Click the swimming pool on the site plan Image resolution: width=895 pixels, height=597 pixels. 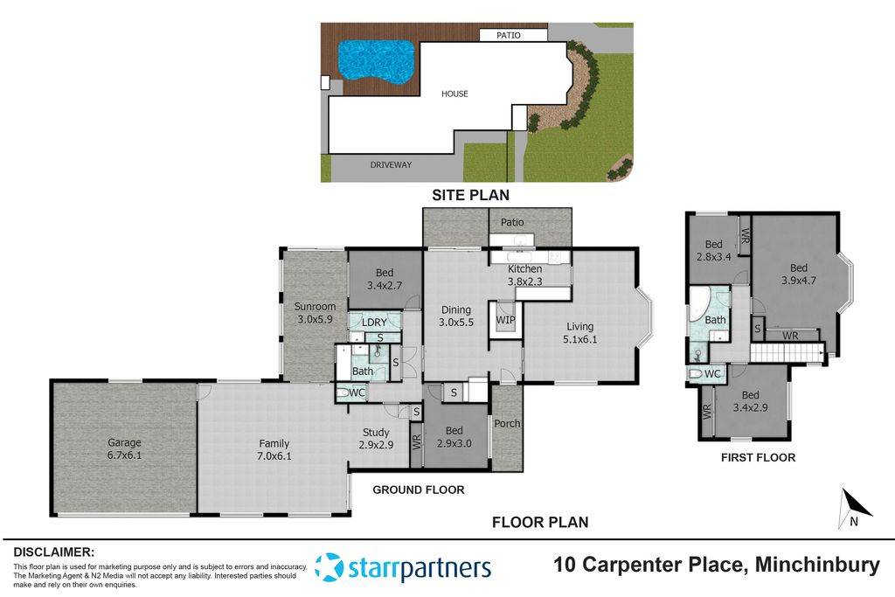click(375, 59)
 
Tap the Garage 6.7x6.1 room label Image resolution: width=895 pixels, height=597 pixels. click(124, 448)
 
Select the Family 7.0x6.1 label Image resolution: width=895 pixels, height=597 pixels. click(274, 449)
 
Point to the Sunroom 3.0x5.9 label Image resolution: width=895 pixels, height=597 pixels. click(315, 312)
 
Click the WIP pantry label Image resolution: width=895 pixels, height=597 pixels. click(505, 320)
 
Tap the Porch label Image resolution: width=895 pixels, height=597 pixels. click(507, 424)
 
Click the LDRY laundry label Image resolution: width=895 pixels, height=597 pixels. click(374, 323)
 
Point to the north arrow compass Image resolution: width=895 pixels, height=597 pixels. click(854, 507)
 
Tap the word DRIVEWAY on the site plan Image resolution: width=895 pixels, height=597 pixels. click(390, 164)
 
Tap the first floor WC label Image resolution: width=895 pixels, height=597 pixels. click(712, 374)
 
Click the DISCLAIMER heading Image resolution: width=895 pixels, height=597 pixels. click(53, 552)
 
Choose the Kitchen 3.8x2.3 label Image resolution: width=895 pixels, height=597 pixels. click(525, 275)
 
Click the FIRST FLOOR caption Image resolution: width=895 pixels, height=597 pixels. click(757, 457)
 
